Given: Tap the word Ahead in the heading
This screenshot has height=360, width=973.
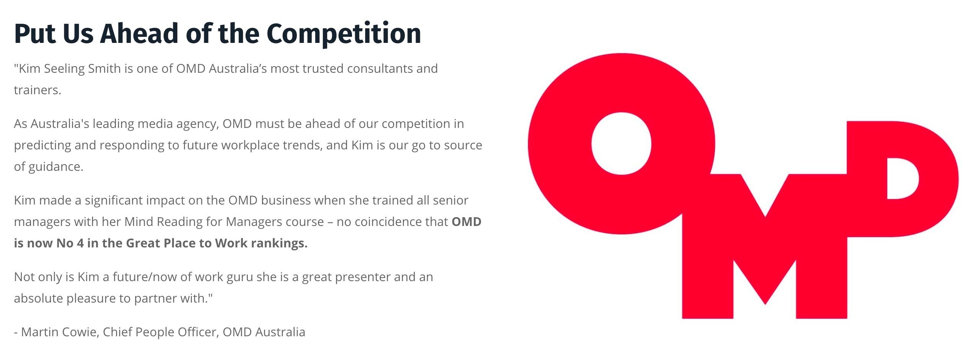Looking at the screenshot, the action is click(x=140, y=33).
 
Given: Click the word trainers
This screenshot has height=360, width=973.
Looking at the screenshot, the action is click(x=38, y=90).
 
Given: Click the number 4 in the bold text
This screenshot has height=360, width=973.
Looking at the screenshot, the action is click(x=80, y=243).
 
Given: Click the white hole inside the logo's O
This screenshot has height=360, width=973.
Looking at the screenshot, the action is click(x=621, y=144).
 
